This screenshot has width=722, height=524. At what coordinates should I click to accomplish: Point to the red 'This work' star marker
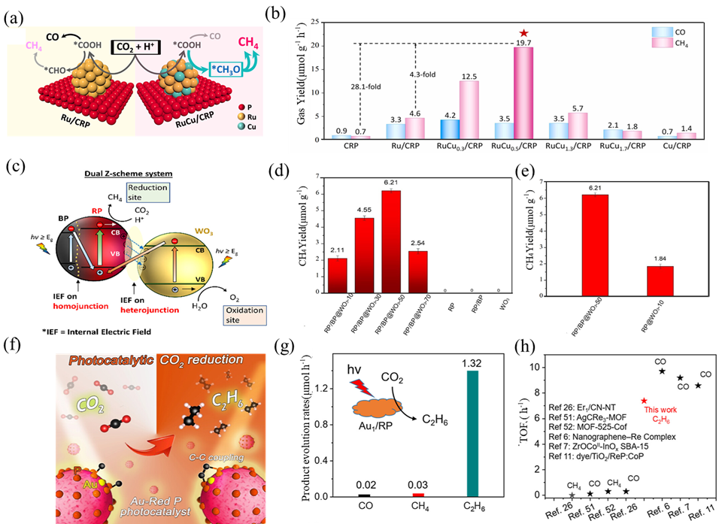pos(645,401)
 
